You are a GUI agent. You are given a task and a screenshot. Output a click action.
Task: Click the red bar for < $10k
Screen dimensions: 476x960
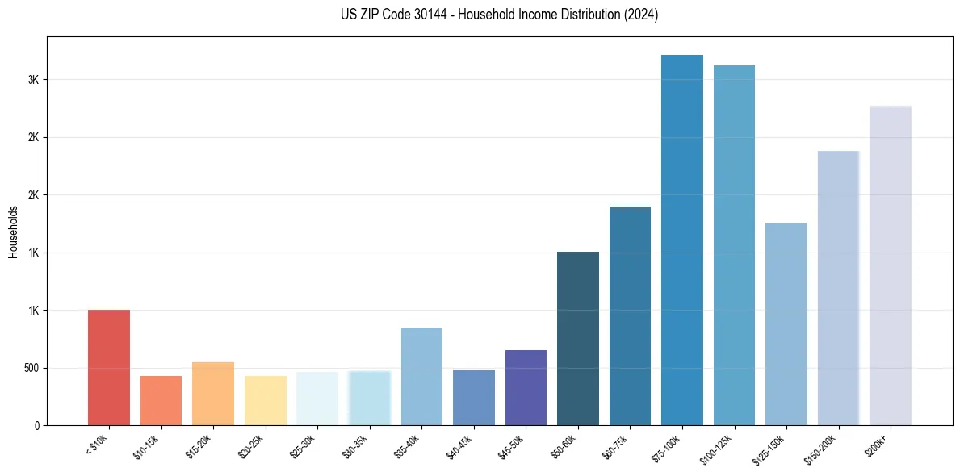point(108,368)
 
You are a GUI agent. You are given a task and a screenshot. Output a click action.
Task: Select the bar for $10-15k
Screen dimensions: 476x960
point(161,401)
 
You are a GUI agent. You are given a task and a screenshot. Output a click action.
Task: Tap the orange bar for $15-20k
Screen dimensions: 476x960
point(213,394)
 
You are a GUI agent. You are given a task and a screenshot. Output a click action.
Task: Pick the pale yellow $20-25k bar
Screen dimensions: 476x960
point(265,401)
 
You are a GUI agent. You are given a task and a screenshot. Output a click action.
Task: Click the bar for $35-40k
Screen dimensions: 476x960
point(421,377)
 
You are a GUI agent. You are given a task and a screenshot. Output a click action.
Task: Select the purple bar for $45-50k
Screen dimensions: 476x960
point(526,388)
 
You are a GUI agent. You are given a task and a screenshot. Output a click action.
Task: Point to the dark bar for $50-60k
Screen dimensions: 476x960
point(578,339)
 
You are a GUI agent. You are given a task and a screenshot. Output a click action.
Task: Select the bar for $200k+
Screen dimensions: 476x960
point(891,266)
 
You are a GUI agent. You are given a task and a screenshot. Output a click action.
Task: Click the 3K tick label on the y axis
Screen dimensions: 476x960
point(34,80)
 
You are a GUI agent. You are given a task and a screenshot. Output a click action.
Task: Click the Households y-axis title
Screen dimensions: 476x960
point(13,232)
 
